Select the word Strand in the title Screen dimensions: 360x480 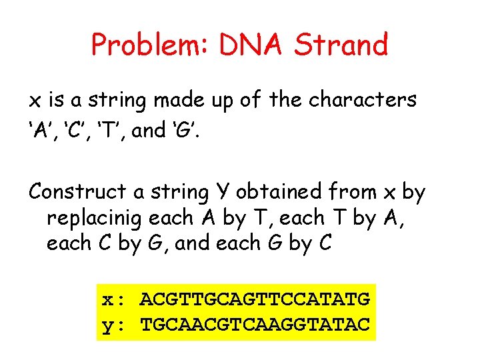(341, 45)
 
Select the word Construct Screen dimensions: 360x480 (77, 192)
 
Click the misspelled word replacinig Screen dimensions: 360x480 (97, 219)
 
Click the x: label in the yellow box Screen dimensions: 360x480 (115, 299)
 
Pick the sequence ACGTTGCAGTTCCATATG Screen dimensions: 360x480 (254, 299)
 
